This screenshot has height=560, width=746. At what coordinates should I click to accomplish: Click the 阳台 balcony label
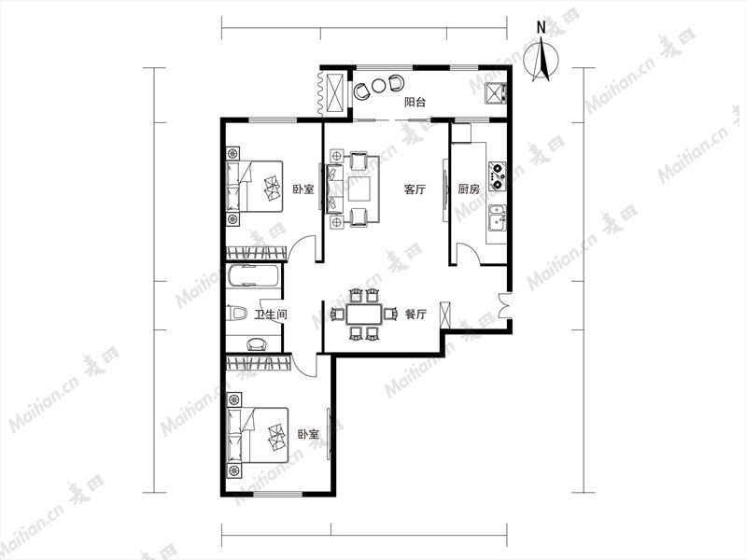[x=415, y=102]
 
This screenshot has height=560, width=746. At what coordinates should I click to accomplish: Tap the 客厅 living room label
[x=415, y=189]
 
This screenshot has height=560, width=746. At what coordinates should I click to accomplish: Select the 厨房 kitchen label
[x=469, y=189]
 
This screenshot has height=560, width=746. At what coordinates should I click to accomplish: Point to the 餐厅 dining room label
[x=415, y=314]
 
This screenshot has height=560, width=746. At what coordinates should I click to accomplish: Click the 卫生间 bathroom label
[x=271, y=315]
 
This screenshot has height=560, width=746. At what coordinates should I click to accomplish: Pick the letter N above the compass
[x=541, y=28]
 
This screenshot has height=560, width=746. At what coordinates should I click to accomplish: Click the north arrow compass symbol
[x=542, y=61]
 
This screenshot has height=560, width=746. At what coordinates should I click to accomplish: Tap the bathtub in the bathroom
[x=253, y=276]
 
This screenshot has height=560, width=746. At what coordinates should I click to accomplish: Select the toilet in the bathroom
[x=237, y=314]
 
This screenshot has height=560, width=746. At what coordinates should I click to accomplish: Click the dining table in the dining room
[x=364, y=314]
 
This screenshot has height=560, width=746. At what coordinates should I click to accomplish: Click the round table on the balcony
[x=378, y=86]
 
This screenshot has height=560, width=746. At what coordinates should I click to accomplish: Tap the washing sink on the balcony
[x=495, y=93]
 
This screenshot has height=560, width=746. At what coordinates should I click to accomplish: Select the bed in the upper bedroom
[x=255, y=186]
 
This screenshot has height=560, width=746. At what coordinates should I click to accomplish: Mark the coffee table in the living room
[x=359, y=189]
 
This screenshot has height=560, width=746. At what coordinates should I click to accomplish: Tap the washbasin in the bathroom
[x=257, y=343]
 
